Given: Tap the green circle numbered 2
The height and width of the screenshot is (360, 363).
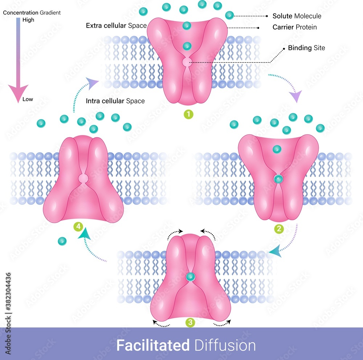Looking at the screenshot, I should (279, 229).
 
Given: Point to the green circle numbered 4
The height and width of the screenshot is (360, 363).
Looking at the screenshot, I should (78, 227).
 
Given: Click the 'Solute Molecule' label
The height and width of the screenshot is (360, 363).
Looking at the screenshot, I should (297, 16).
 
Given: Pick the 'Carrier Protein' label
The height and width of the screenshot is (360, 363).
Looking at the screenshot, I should (294, 27).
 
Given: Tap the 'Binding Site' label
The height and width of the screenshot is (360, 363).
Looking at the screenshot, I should (306, 48).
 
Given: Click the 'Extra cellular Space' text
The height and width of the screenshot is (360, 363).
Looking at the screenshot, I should (116, 26).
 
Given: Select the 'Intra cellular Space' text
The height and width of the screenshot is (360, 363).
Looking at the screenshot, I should (115, 101).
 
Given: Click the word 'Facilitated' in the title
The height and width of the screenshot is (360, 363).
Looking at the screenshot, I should (153, 345).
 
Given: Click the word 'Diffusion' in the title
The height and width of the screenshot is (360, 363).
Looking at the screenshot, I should (225, 345).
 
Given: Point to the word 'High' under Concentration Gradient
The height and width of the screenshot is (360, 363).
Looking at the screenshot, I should (28, 20).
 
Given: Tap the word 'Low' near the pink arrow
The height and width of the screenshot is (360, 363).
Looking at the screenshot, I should (28, 99).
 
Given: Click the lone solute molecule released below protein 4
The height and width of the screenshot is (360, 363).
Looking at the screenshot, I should (62, 241).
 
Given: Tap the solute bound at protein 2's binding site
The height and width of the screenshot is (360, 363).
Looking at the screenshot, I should (278, 179).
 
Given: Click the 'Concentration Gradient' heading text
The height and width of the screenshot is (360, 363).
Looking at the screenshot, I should (32, 13).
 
